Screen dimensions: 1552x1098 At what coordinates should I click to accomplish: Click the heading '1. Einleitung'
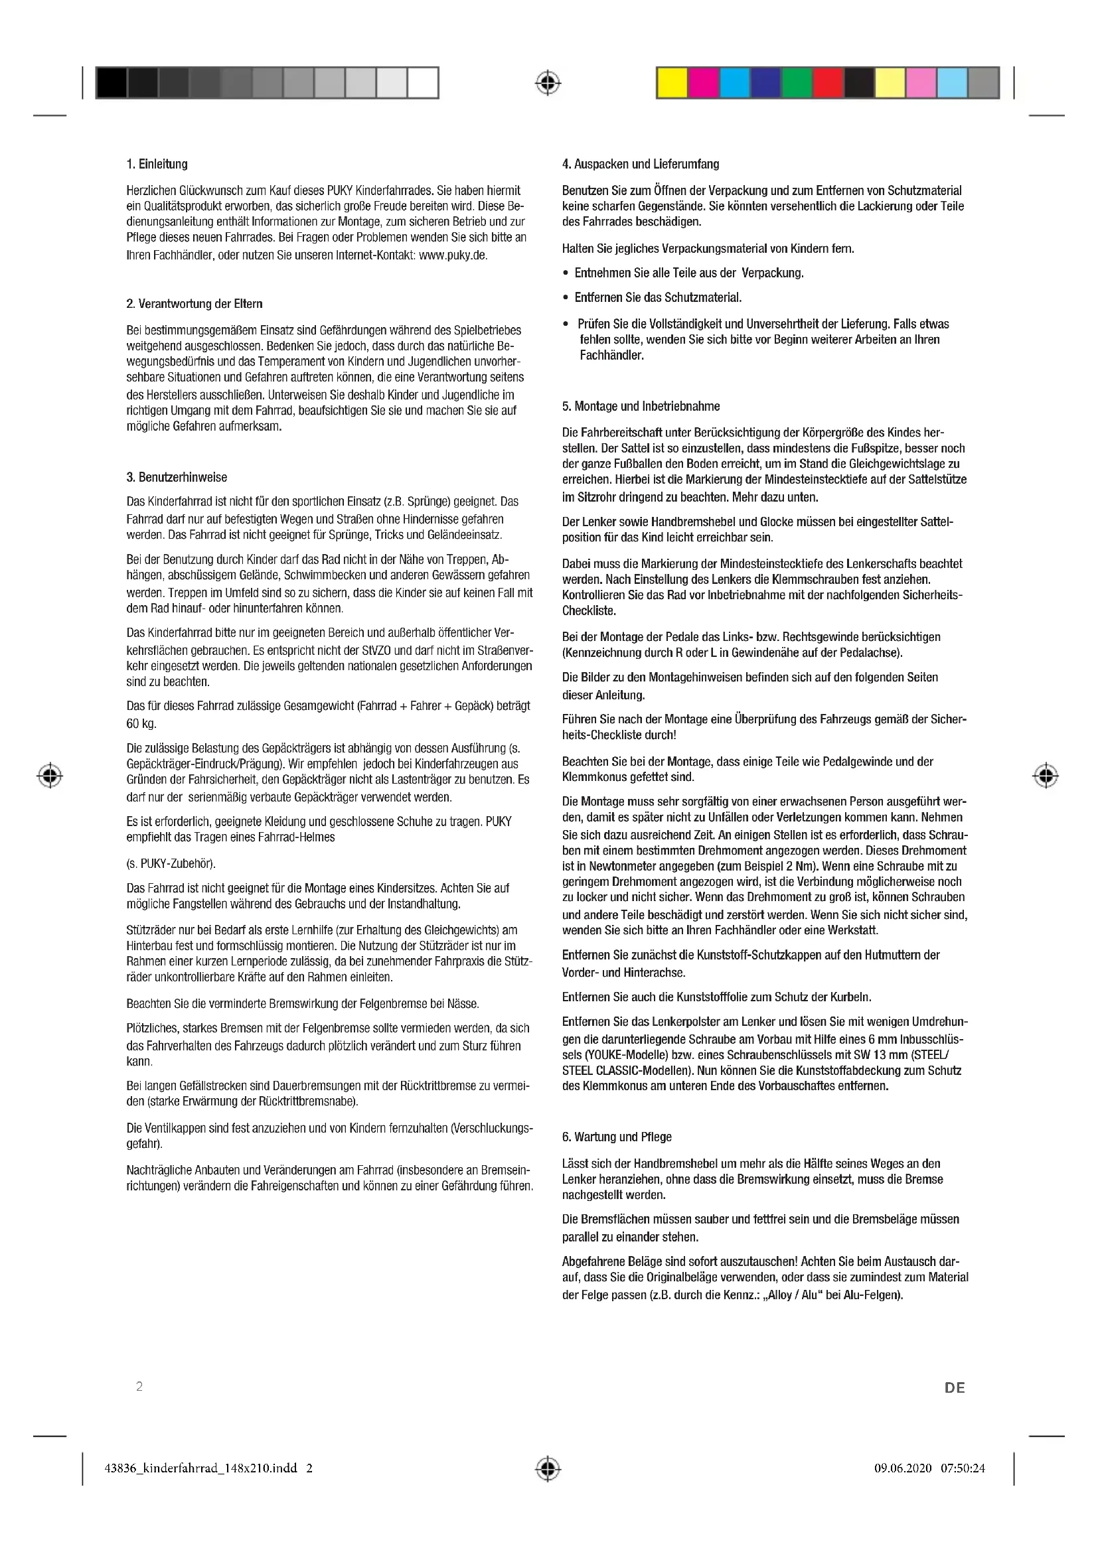tap(157, 165)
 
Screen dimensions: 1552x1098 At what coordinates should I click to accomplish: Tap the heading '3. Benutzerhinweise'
tap(177, 477)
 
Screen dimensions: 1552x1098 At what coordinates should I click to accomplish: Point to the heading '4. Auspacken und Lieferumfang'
tap(640, 165)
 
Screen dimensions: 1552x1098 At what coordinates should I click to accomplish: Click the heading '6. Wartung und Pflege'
tap(617, 1137)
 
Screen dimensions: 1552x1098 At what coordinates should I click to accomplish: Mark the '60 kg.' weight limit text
tap(141, 724)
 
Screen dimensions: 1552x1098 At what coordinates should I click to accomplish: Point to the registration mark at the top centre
tap(548, 83)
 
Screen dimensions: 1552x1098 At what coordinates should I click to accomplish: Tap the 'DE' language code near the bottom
tap(955, 1387)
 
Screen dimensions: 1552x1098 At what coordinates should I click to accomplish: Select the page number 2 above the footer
tap(139, 1386)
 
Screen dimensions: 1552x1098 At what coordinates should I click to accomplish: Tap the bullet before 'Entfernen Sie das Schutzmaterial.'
tap(565, 297)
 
